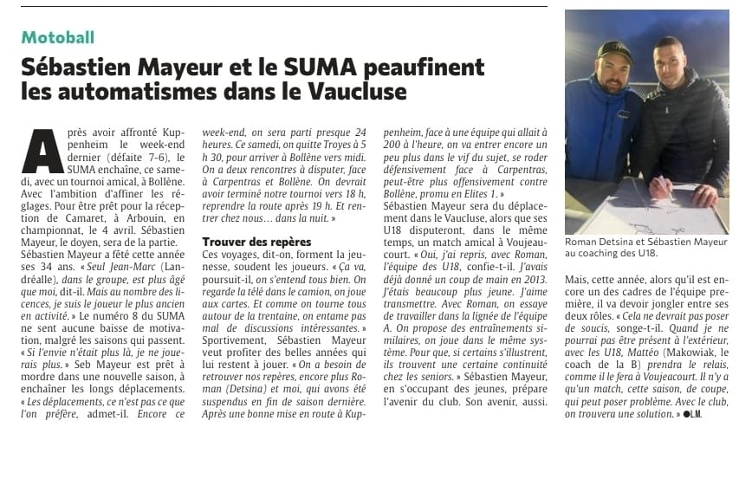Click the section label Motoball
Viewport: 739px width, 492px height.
pyautogui.click(x=58, y=37)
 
